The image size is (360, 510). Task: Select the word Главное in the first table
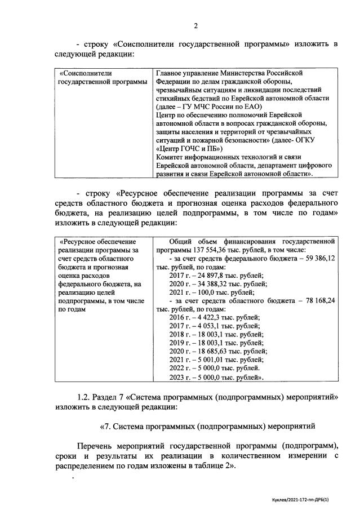point(170,73)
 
